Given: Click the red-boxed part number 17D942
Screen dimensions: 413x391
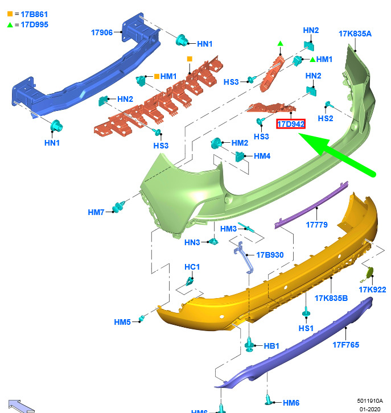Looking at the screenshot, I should point(291,123).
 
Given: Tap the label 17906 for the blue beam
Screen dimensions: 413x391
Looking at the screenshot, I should point(102,32).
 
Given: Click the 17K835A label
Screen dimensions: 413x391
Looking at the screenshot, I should point(355,34).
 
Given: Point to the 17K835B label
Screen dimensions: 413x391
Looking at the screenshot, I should point(331,298).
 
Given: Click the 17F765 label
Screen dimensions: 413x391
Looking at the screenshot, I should point(346,345).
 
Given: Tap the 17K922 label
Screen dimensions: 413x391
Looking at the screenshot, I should point(372,290).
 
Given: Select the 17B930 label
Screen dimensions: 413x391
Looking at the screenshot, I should point(270,255).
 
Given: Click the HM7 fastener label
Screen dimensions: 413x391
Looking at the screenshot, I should point(96,212).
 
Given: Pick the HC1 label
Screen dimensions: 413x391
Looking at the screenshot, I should point(192,267).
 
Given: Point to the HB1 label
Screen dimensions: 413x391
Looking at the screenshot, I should point(271,346).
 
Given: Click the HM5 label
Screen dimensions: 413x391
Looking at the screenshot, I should point(122,322).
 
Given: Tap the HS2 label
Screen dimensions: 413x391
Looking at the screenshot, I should point(326,118).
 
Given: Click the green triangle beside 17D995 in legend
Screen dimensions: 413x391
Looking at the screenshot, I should point(10,24).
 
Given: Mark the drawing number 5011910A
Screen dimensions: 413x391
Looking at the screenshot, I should point(370,400).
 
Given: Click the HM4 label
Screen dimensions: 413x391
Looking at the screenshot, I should point(262,156).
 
